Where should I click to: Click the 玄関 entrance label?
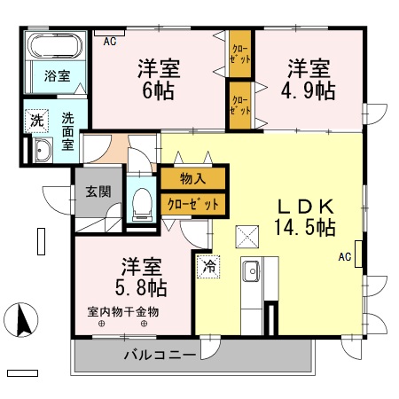coord(97,191)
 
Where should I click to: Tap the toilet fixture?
coord(140,205)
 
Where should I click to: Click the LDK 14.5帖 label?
coord(304,215)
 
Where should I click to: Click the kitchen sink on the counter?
coord(250,269)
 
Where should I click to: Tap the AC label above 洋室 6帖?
coord(109,41)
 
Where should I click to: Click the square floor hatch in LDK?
coord(246,236)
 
